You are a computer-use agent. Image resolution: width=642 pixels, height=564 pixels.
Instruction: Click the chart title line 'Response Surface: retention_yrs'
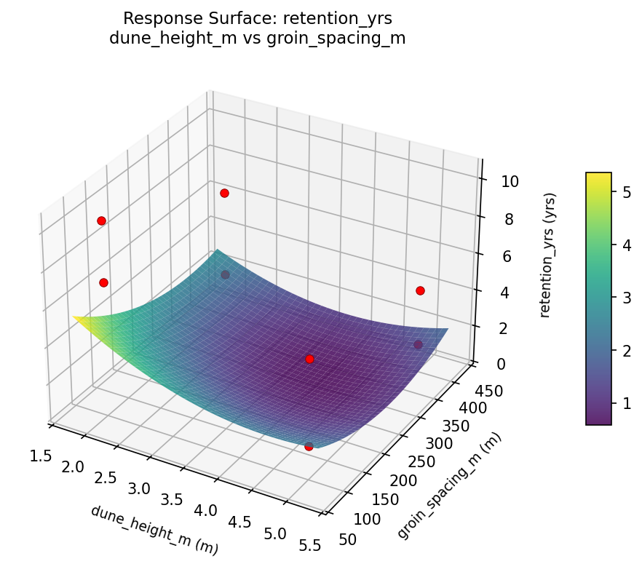tap(258, 18)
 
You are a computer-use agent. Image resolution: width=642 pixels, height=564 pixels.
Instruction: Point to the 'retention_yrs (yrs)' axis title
tap(551, 255)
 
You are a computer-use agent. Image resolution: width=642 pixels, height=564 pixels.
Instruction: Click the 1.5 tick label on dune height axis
tap(41, 456)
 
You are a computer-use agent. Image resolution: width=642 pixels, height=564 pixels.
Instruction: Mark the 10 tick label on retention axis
tap(510, 182)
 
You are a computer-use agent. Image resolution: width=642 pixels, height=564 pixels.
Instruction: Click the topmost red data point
tap(224, 193)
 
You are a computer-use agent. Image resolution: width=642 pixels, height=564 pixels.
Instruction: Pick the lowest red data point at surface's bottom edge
tap(309, 446)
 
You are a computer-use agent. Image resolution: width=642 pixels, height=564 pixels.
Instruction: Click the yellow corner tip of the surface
tap(75, 317)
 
